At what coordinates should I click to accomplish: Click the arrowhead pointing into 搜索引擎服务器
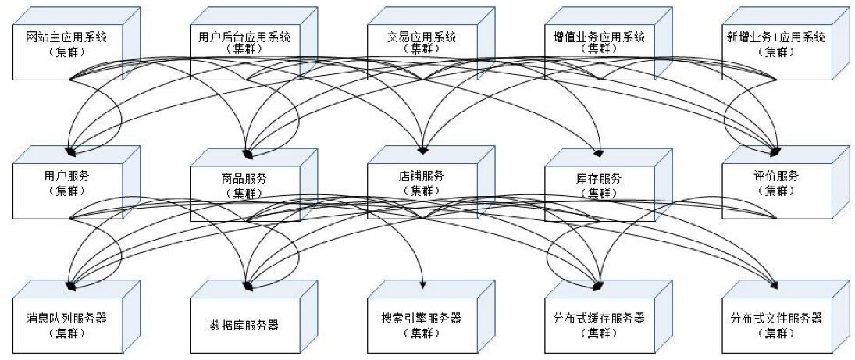pos(423,283)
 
